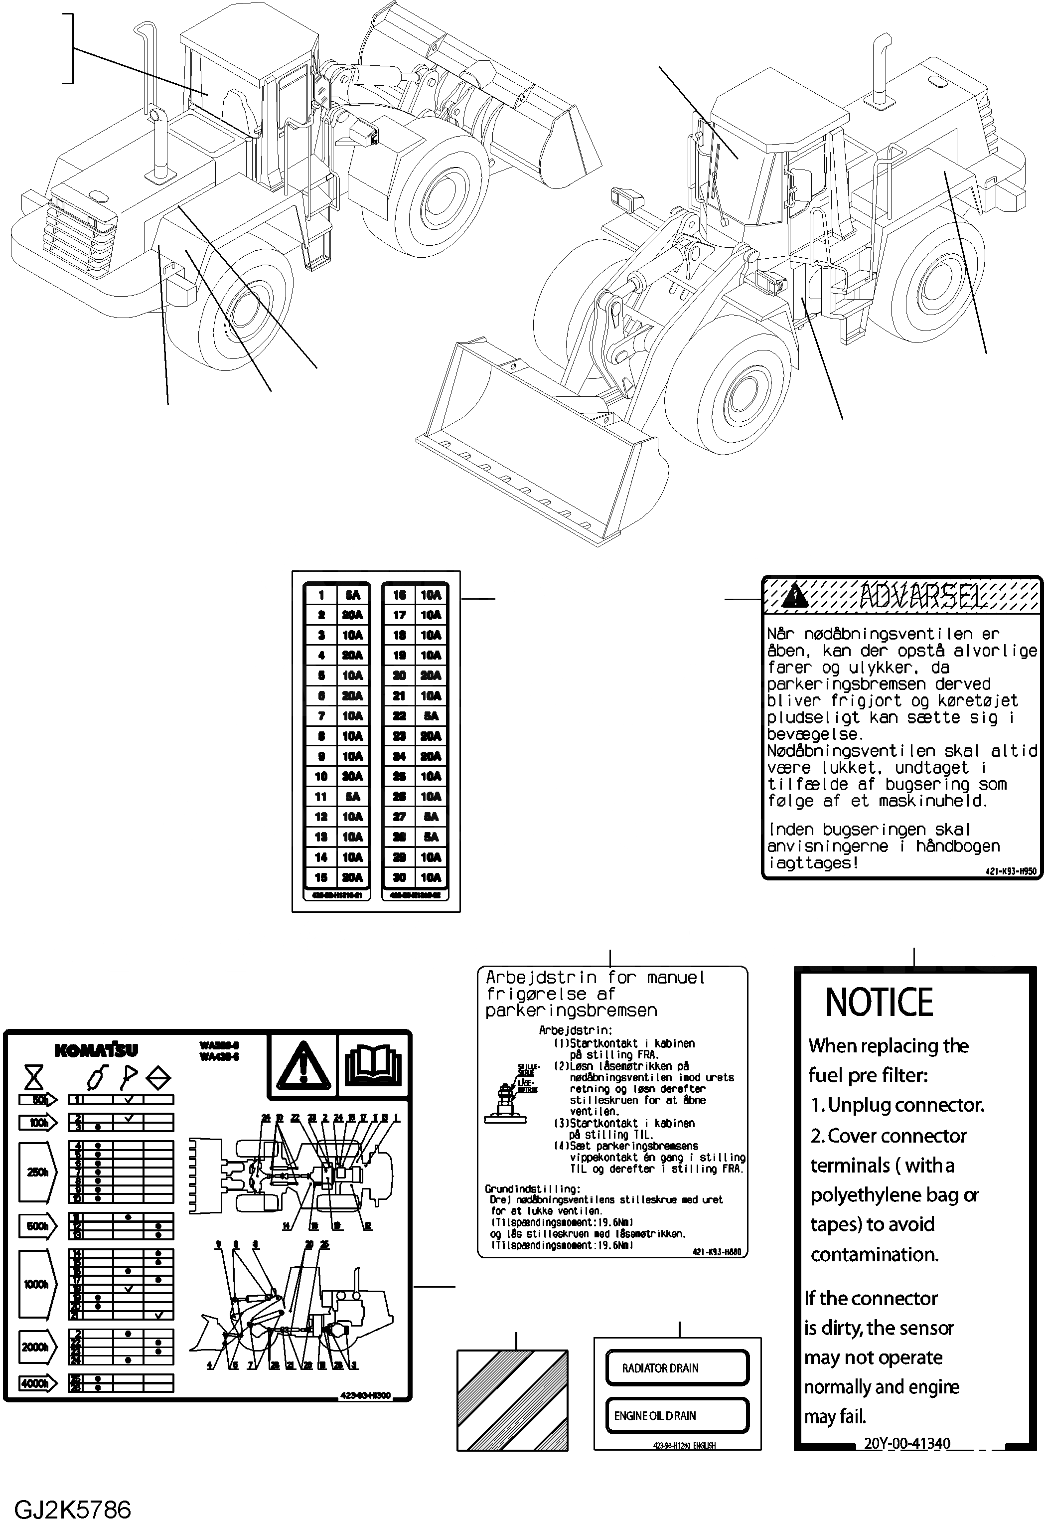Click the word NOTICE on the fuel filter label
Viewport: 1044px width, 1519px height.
pos(879,1002)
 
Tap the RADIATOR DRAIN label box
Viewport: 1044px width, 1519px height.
pos(677,1368)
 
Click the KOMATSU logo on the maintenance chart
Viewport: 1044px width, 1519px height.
pos(96,1050)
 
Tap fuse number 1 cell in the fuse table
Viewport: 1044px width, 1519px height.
pos(321,595)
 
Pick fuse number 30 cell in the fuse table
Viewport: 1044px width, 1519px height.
pos(399,877)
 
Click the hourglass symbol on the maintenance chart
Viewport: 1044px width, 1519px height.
pos(34,1077)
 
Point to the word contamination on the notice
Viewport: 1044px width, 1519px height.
pos(875,1255)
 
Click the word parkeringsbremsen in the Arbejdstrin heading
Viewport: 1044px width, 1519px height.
pos(571,1011)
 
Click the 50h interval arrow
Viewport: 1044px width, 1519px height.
pos(38,1099)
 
